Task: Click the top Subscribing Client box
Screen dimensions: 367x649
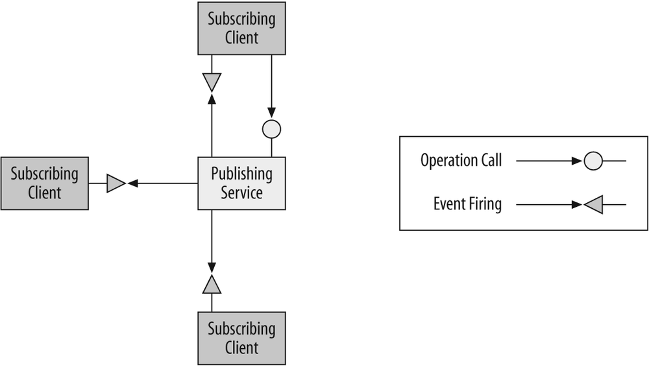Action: coord(241,28)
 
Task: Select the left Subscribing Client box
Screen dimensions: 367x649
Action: coord(44,184)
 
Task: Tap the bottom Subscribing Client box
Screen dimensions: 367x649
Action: coord(241,338)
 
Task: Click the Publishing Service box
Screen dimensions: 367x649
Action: coord(241,184)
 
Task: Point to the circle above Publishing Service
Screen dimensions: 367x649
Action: coord(271,130)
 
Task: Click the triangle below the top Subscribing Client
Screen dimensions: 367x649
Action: coord(212,82)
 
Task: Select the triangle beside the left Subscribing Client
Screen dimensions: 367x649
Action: coord(116,184)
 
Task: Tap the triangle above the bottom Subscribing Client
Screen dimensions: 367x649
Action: coord(212,285)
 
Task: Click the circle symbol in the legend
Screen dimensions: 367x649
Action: coord(593,161)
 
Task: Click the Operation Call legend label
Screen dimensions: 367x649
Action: coord(461,161)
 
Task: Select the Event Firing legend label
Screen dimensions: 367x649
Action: coord(467,205)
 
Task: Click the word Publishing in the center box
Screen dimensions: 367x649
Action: coord(241,174)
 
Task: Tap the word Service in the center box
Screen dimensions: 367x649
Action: coord(241,193)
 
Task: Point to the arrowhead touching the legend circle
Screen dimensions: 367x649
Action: coord(578,161)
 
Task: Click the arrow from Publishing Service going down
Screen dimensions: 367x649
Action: coord(212,240)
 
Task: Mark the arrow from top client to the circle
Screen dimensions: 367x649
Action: coord(271,84)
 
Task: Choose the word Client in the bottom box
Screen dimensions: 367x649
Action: coord(241,348)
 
